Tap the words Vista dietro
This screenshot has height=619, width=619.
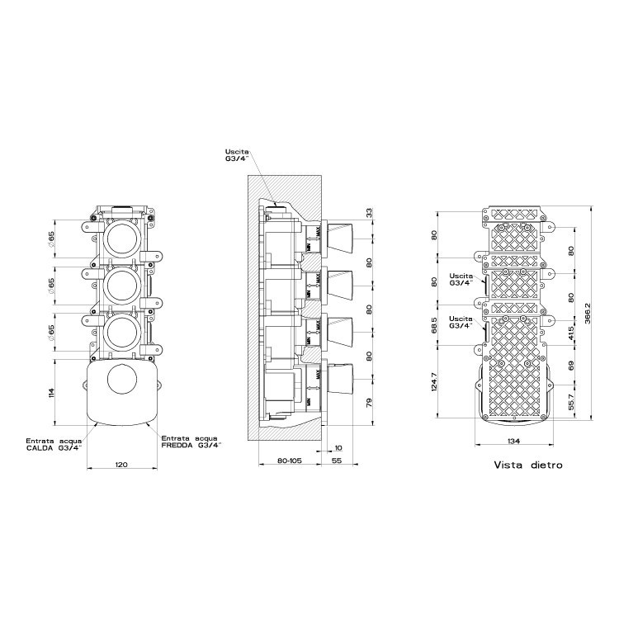pos(528,465)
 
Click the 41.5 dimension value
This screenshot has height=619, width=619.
pos(570,334)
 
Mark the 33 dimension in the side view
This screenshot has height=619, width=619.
pos(369,212)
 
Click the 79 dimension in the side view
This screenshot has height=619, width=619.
pos(369,403)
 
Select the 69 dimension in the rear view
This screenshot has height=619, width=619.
pos(570,363)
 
